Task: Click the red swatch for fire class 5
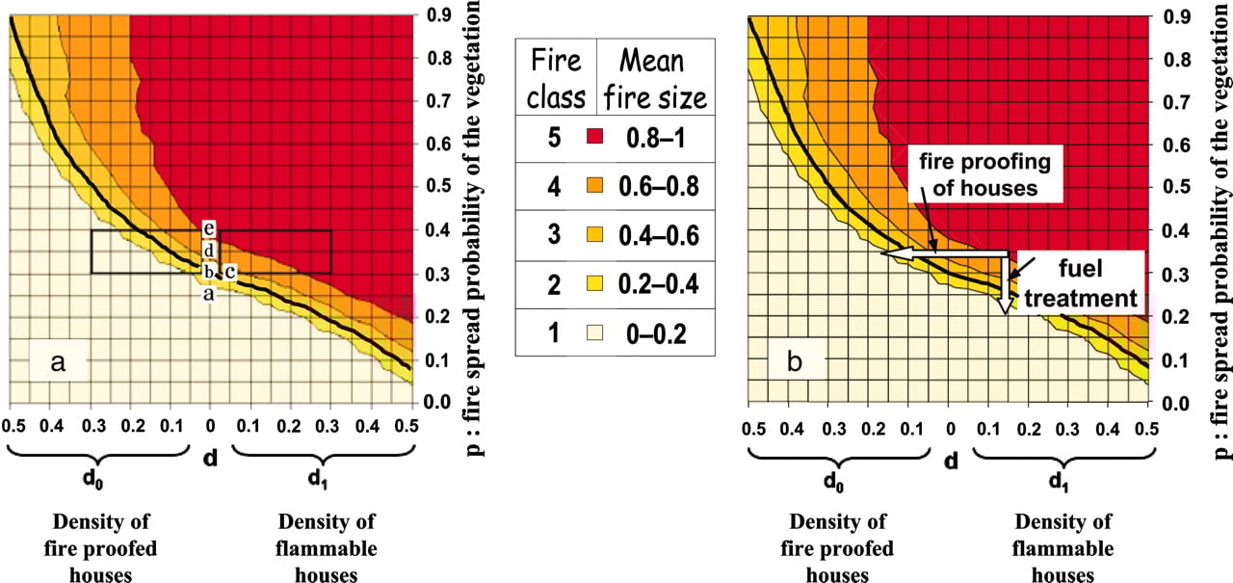point(598,138)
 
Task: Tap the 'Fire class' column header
point(556,77)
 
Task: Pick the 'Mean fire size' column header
point(657,77)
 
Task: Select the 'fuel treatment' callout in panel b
point(1085,281)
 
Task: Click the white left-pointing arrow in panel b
point(944,252)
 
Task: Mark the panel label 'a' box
point(58,362)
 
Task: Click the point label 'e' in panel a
point(208,229)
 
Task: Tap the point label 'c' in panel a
point(230,271)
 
